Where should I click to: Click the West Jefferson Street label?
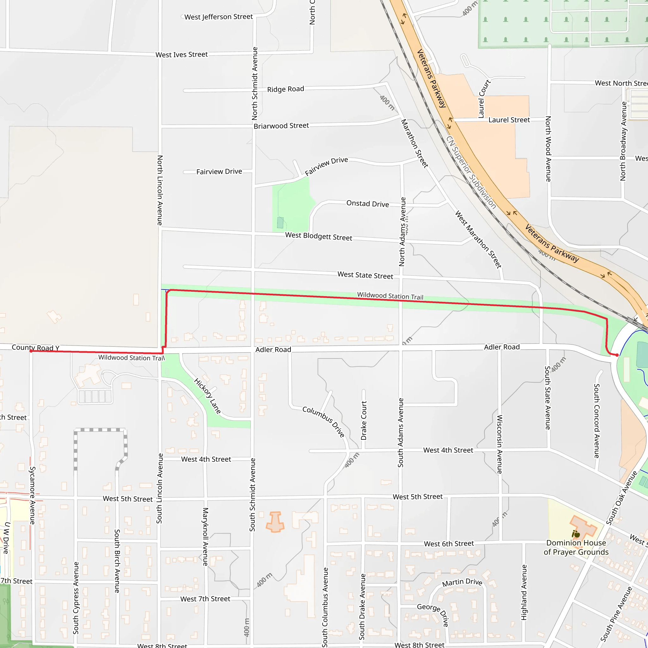pyautogui.click(x=218, y=17)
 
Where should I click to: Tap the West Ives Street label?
pyautogui.click(x=181, y=55)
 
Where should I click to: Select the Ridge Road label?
pyautogui.click(x=285, y=89)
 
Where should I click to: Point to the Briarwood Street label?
pyautogui.click(x=281, y=126)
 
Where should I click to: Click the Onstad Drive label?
pyautogui.click(x=368, y=203)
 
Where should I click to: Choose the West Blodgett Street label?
pyautogui.click(x=319, y=236)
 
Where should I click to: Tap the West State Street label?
pyautogui.click(x=365, y=275)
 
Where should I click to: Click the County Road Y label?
pyautogui.click(x=35, y=347)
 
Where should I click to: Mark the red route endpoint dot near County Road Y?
pyautogui.click(x=31, y=351)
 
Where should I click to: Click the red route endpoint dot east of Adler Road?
pyautogui.click(x=617, y=355)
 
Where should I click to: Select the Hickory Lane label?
pyautogui.click(x=207, y=396)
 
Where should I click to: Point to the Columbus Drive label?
pyautogui.click(x=324, y=421)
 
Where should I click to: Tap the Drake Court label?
pyautogui.click(x=364, y=421)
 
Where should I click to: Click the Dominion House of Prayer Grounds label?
pyautogui.click(x=576, y=547)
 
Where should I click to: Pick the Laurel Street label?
pyautogui.click(x=509, y=120)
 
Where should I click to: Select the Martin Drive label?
pyautogui.click(x=462, y=583)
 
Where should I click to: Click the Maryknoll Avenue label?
pyautogui.click(x=206, y=537)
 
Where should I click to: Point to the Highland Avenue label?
pyautogui.click(x=524, y=593)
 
